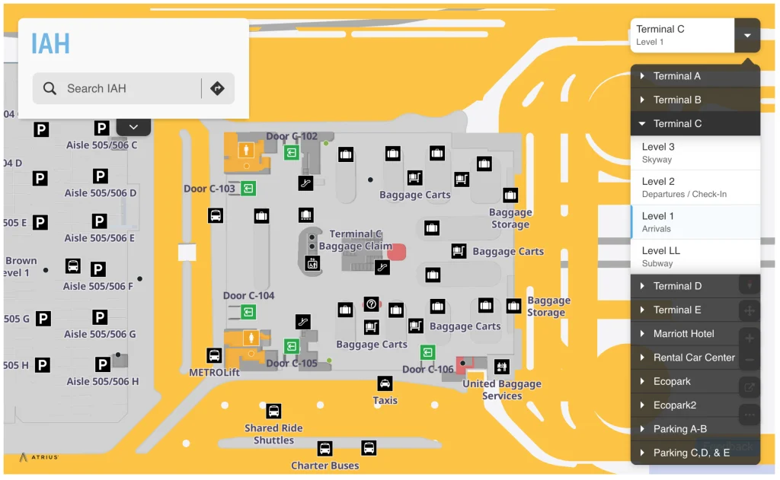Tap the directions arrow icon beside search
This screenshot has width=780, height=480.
(217, 88)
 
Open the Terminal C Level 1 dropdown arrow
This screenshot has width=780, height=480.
(747, 35)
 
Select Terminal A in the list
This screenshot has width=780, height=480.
(676, 76)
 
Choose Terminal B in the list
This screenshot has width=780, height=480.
(676, 100)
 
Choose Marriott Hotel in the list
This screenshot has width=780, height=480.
(683, 333)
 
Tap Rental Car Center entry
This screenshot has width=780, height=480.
(693, 358)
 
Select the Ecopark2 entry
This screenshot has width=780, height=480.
(674, 405)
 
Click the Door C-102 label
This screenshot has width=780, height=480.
(292, 137)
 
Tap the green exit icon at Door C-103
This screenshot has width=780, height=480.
(248, 188)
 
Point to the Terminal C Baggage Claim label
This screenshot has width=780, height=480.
(356, 240)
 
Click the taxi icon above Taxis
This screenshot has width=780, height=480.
(385, 384)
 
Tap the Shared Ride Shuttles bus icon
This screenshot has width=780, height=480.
(273, 412)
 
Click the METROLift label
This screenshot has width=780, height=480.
(214, 373)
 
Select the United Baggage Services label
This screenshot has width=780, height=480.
(502, 389)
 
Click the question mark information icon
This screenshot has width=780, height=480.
(371, 304)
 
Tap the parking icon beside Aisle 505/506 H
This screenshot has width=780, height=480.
(102, 364)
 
